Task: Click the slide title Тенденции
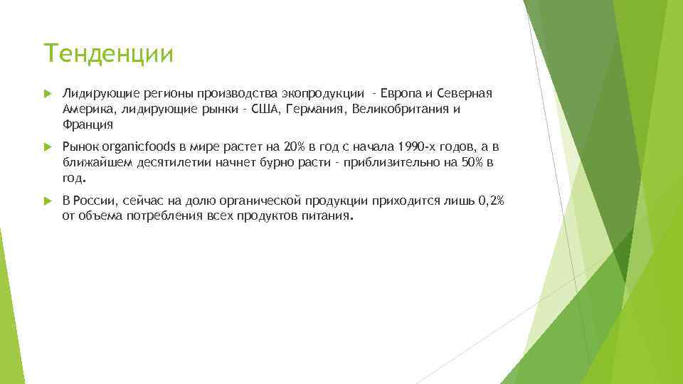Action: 108,53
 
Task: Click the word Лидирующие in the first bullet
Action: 92,93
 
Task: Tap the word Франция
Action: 88,124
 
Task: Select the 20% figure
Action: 293,147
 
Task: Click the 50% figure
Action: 472,163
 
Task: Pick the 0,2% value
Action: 490,201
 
